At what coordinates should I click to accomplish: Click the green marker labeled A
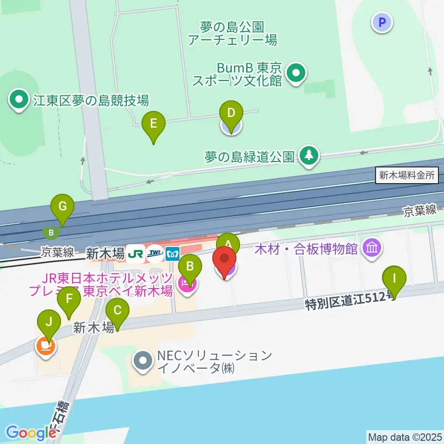click(x=228, y=243)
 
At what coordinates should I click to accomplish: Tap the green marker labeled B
click(x=190, y=266)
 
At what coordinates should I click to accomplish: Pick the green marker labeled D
click(x=231, y=112)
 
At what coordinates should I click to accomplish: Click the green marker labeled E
click(x=154, y=123)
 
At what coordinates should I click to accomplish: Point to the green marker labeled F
click(x=69, y=299)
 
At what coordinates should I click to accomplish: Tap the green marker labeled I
click(x=394, y=278)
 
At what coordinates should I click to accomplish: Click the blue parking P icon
click(x=382, y=22)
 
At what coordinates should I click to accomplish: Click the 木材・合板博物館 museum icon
click(x=372, y=248)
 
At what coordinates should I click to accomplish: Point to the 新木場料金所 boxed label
click(x=407, y=176)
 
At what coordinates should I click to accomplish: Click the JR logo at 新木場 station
click(x=136, y=253)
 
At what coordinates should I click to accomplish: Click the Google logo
click(x=31, y=432)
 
